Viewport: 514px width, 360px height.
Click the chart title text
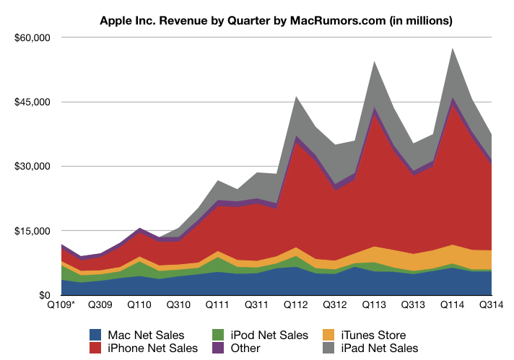click(x=276, y=22)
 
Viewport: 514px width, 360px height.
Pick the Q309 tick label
click(x=101, y=305)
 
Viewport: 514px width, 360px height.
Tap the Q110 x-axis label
click(x=139, y=305)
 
